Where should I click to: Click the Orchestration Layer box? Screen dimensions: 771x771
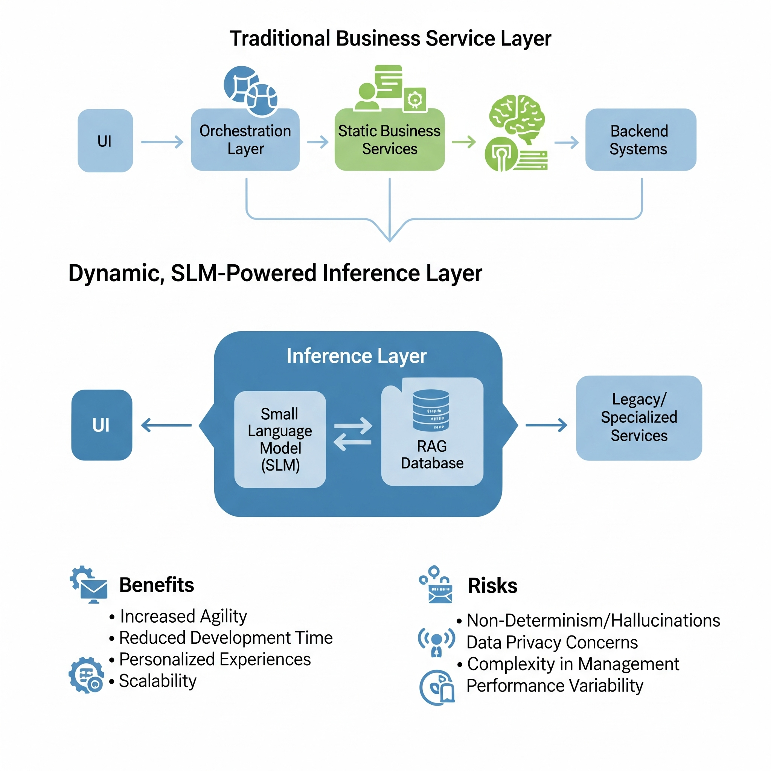[x=245, y=140]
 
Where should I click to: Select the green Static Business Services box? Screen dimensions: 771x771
[x=390, y=140]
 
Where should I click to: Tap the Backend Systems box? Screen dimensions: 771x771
[x=640, y=140]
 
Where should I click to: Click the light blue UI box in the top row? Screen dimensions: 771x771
[x=105, y=141]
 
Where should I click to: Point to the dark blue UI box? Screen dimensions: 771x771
[x=101, y=425]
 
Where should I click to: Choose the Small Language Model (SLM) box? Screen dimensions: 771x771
[x=280, y=439]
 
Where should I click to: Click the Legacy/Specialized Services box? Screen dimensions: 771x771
[x=638, y=417]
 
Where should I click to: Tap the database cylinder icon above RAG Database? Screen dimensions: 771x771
[x=431, y=410]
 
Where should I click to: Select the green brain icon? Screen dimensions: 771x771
[x=517, y=118]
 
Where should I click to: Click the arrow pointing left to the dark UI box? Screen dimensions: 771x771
[x=166, y=425]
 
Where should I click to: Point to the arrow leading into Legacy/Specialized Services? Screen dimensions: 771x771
[x=546, y=425]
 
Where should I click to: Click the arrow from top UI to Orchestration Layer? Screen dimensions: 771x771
[x=162, y=142]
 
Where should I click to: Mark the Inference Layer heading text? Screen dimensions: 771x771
[x=357, y=355]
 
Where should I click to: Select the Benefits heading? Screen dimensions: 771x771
[x=157, y=585]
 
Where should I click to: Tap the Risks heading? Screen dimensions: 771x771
[x=492, y=586]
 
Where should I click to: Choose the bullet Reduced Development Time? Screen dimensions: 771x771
[x=226, y=638]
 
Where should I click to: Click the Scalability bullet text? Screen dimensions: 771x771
[x=158, y=681]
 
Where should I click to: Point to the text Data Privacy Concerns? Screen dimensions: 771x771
[x=552, y=643]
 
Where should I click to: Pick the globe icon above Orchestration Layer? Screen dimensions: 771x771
[x=250, y=91]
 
